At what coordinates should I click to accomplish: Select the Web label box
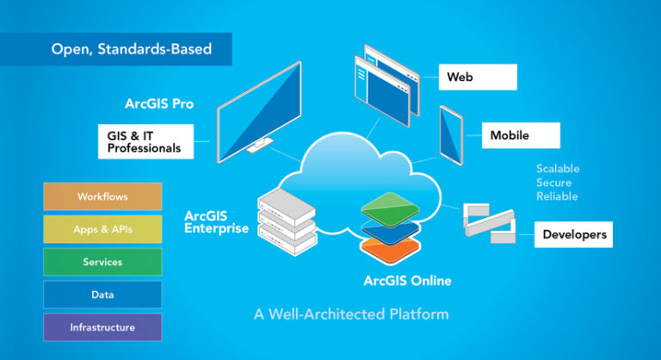(478, 77)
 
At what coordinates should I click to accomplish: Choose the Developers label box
(573, 234)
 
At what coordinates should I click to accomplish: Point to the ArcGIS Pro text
(159, 104)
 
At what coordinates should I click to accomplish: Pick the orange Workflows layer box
(102, 196)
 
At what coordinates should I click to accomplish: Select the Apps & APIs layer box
(102, 229)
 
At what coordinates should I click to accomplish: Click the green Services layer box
(102, 262)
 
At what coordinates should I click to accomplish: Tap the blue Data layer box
(102, 295)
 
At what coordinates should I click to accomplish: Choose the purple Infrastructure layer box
(102, 327)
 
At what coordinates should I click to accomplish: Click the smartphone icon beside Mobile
(453, 133)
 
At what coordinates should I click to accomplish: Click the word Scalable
(558, 169)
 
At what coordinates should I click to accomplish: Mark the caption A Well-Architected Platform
(351, 313)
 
